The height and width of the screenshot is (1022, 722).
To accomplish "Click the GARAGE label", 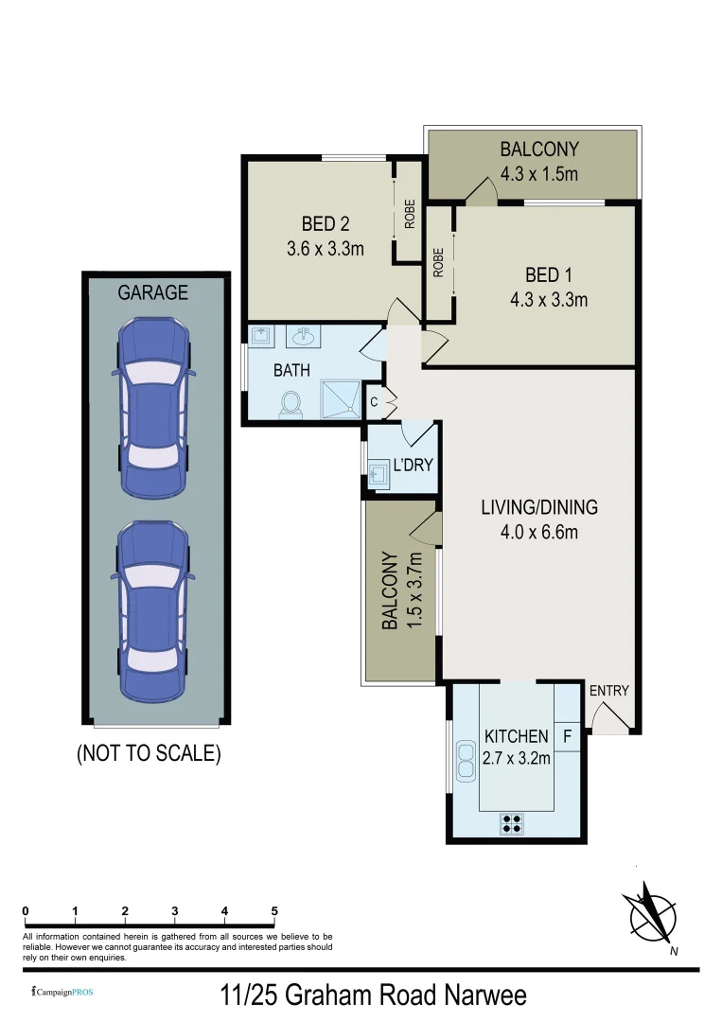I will [152, 293].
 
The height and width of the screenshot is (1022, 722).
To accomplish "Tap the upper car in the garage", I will [152, 407].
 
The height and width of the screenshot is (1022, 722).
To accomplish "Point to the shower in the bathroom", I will [341, 398].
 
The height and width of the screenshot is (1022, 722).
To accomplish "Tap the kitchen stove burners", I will [512, 822].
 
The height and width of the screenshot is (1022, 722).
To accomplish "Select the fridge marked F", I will [567, 735].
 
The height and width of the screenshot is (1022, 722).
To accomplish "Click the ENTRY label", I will [608, 691].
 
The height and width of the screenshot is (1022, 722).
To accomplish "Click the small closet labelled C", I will [374, 401].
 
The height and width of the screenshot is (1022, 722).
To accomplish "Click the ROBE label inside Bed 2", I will [410, 217].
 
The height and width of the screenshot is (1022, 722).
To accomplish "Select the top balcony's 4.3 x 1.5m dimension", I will [539, 174].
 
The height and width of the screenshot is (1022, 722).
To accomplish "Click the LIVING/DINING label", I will [539, 507].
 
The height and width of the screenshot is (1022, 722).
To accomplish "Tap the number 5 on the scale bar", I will [274, 911].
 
